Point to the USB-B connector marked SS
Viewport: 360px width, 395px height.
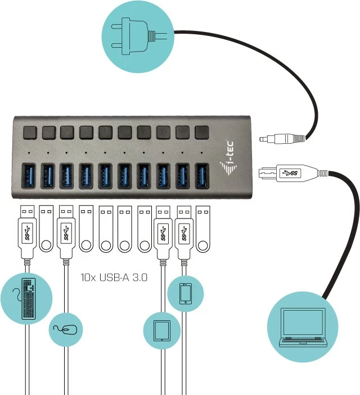click(287, 172)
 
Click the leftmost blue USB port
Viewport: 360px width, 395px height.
click(29, 175)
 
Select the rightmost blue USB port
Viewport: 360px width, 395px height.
click(201, 175)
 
